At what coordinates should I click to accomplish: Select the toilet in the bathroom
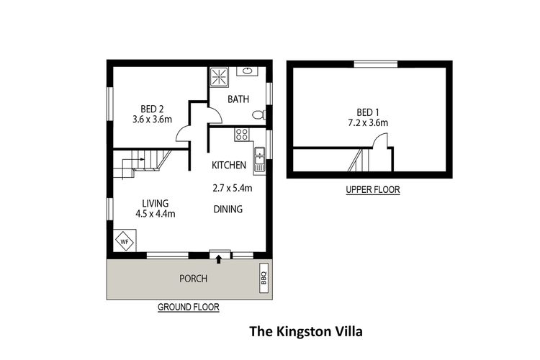click(x=261, y=114)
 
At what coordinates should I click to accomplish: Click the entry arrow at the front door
click(x=219, y=257)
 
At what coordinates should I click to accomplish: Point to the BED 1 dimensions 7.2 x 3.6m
click(x=367, y=123)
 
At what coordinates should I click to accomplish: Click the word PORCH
click(x=193, y=279)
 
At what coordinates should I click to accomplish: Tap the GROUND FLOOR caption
click(x=189, y=307)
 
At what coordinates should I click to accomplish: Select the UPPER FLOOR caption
click(x=372, y=190)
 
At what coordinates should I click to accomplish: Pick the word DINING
click(x=228, y=210)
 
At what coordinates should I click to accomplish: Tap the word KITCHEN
click(x=229, y=166)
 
